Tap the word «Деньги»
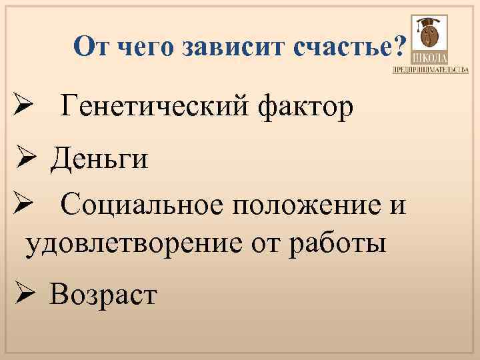(x=99, y=159)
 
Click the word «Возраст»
(x=103, y=293)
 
